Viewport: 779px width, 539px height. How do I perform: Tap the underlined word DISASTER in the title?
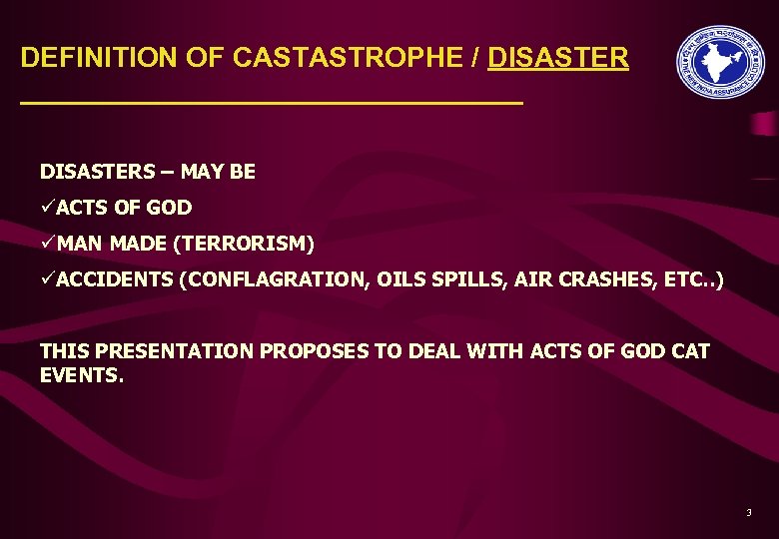coord(558,58)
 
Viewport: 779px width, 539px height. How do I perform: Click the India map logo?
coord(719,61)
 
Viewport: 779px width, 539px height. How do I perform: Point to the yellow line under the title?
coord(271,103)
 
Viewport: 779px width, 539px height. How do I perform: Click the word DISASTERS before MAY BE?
coord(98,172)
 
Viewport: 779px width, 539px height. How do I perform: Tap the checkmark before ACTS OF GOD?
coord(47,208)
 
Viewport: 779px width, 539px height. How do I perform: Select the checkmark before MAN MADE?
coord(47,244)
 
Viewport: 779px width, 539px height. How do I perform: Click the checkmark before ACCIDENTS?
coord(47,279)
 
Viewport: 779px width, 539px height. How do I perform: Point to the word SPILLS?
coord(474,280)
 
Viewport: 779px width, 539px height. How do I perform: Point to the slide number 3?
coord(748,513)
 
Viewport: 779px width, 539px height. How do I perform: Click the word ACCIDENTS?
coord(115,280)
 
